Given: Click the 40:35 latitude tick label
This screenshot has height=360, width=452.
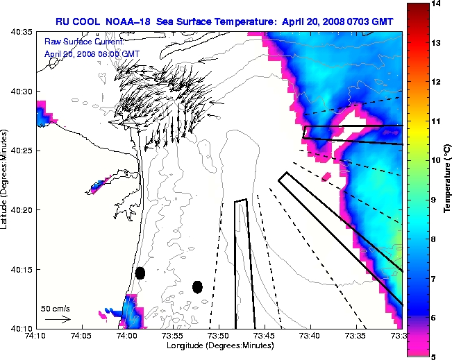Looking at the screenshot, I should pos(22,32).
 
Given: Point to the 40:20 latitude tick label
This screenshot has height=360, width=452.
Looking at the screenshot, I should pos(22,209).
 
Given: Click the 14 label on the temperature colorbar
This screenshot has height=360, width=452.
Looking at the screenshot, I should pos(437,4).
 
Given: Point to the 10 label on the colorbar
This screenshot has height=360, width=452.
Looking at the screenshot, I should pos(437,160).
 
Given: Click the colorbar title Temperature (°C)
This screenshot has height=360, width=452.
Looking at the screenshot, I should pos(448,180).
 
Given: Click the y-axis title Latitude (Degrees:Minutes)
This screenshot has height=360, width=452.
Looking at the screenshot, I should pos(6,180).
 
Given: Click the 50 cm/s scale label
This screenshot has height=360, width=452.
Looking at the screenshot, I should pos(56,308).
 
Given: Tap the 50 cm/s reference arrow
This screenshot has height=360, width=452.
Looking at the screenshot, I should pos(58,319).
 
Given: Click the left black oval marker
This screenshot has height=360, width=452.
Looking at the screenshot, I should pos(140,273).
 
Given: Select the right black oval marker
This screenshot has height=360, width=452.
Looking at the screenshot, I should pos(197,286).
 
